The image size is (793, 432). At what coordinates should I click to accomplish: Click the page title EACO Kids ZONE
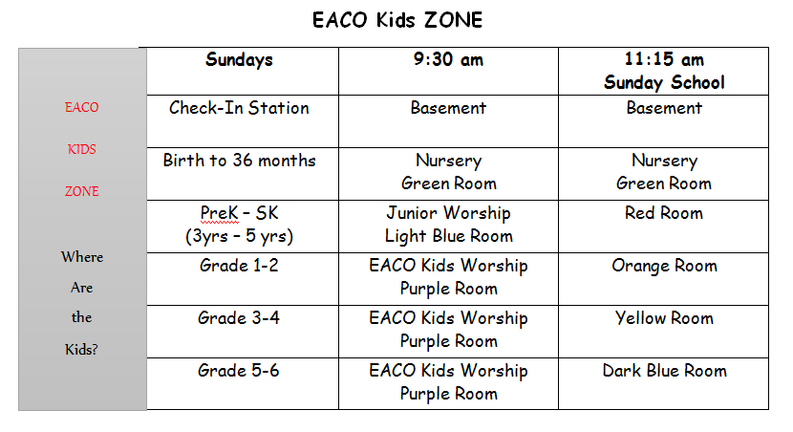coord(397,20)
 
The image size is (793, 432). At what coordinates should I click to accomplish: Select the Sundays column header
coord(239,60)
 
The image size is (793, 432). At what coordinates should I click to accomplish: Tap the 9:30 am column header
coord(448,59)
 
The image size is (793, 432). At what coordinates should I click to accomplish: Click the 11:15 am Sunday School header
coord(664,71)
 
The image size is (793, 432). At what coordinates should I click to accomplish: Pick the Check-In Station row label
coord(239,108)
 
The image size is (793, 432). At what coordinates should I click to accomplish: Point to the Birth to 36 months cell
coord(239,161)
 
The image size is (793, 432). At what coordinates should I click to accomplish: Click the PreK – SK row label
coord(239,224)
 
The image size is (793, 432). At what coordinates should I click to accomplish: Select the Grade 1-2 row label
coord(239,266)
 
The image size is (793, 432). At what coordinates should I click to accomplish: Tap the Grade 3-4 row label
coord(239,318)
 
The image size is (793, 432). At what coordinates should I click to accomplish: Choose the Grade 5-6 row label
coord(239,371)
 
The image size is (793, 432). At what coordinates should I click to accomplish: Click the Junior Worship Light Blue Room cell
coord(449,224)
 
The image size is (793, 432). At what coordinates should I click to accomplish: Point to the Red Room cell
coord(664,213)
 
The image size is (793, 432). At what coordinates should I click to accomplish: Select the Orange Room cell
coord(664,266)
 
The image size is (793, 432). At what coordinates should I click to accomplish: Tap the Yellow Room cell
coord(664,318)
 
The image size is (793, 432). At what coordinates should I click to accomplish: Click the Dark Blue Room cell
coord(664,371)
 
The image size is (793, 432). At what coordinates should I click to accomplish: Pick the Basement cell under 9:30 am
coord(449,108)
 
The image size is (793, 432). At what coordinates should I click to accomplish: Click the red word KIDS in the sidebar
coord(82,149)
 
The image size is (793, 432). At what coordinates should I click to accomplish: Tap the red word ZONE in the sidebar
coord(82,191)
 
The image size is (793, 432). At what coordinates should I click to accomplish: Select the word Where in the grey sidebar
coord(82,257)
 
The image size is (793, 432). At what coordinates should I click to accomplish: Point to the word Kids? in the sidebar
coord(81,350)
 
